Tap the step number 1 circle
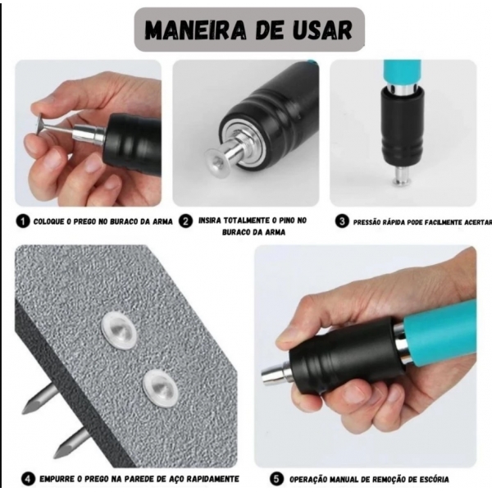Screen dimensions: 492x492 [x=23, y=221]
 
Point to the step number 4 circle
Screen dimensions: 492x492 [x=28, y=478]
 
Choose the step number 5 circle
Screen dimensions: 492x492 [x=275, y=478]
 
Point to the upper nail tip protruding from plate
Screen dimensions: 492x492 [x=37, y=400]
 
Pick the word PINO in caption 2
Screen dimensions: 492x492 [x=285, y=221]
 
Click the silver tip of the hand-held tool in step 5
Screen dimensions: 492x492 [x=273, y=376]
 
